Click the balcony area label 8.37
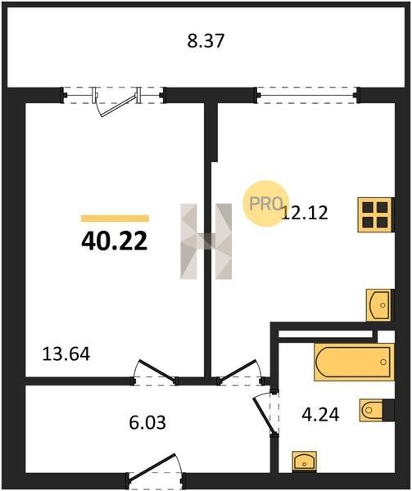click(x=206, y=41)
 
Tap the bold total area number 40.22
click(x=115, y=241)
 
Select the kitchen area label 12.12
click(x=305, y=213)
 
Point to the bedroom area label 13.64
click(x=66, y=354)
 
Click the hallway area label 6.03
click(x=147, y=422)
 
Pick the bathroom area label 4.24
click(x=320, y=414)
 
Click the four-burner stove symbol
click(x=375, y=214)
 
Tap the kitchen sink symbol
click(x=379, y=305)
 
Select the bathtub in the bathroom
click(x=354, y=362)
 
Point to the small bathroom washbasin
click(x=304, y=462)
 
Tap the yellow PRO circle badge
click(x=265, y=204)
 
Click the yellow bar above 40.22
click(x=115, y=218)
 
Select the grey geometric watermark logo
click(x=206, y=241)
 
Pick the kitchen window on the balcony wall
click(x=306, y=95)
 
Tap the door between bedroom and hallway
click(x=155, y=373)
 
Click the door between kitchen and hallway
click(x=242, y=373)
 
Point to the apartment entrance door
click(x=156, y=471)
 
